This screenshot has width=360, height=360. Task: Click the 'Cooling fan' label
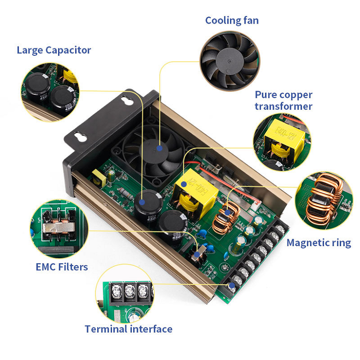(x=232, y=20)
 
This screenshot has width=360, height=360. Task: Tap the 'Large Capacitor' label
(x=54, y=50)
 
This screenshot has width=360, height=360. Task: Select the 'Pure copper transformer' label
(x=283, y=100)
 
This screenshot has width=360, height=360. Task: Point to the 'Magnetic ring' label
(x=319, y=242)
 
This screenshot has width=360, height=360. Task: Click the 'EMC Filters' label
(x=62, y=266)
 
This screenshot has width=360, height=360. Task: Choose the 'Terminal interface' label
(x=128, y=329)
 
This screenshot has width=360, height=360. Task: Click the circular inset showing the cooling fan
(x=230, y=60)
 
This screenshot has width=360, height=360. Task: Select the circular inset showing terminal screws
(x=125, y=295)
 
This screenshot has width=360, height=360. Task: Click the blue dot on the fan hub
(x=159, y=148)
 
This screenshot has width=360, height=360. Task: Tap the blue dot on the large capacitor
(x=142, y=202)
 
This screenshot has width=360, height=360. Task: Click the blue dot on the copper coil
(x=227, y=212)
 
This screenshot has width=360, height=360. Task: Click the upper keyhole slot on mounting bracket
(x=125, y=98)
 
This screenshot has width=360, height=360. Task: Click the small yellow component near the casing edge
(x=99, y=178)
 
